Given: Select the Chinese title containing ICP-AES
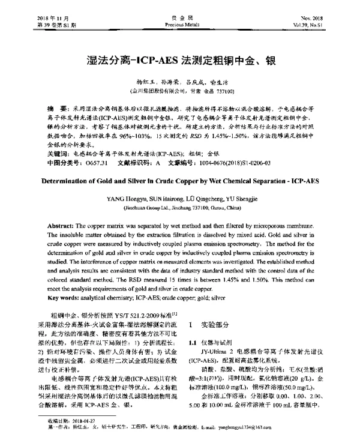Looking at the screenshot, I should [179, 60].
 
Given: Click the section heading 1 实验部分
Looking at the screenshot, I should [215, 324].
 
